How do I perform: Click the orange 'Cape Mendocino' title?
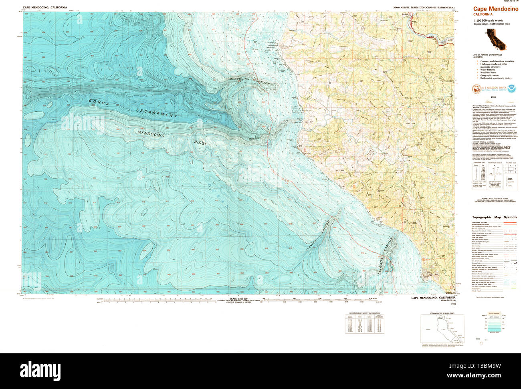pyautogui.click(x=495, y=9)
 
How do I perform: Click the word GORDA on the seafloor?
pyautogui.click(x=99, y=103)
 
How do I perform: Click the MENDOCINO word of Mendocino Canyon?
pyautogui.click(x=240, y=79)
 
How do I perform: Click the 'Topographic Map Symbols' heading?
pyautogui.click(x=495, y=217)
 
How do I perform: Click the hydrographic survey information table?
pyautogui.click(x=363, y=323)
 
